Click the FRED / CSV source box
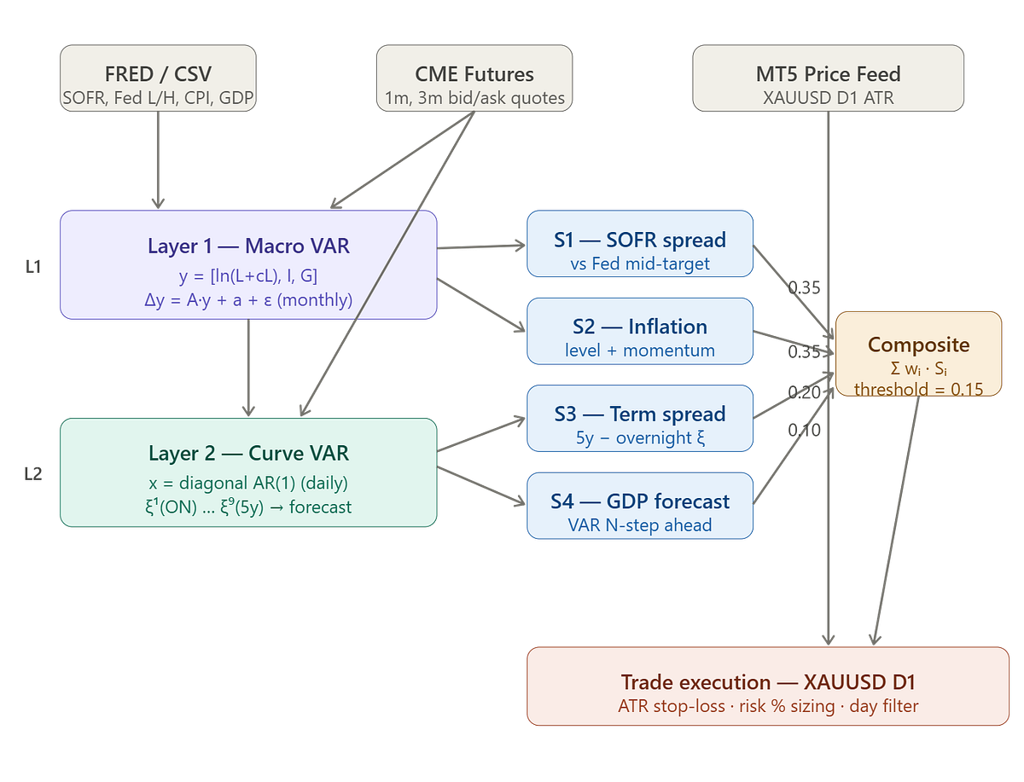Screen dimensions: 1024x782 point(158,78)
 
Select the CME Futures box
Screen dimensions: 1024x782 point(474,78)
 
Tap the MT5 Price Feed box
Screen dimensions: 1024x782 point(828,78)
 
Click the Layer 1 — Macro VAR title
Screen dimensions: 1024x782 point(248,246)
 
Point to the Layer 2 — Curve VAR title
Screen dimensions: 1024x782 point(248,453)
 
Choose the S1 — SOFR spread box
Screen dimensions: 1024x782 point(640,243)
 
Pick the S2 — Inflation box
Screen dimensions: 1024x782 point(640,331)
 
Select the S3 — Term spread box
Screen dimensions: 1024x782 point(640,418)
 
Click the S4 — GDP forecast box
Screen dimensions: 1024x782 point(640,506)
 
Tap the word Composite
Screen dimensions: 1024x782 point(918,345)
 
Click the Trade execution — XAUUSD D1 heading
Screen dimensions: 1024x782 point(767,682)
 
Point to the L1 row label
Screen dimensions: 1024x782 point(33,267)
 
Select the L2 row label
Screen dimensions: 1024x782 point(33,474)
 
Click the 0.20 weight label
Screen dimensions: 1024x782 point(804,392)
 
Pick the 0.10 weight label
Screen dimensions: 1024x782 point(804,430)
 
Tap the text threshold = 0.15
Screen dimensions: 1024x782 point(918,389)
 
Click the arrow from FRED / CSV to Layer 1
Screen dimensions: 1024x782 point(158,159)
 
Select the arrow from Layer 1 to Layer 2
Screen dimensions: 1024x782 point(248,368)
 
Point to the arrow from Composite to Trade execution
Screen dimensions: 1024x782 point(896,521)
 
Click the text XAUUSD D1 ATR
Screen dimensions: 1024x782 point(828,98)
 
